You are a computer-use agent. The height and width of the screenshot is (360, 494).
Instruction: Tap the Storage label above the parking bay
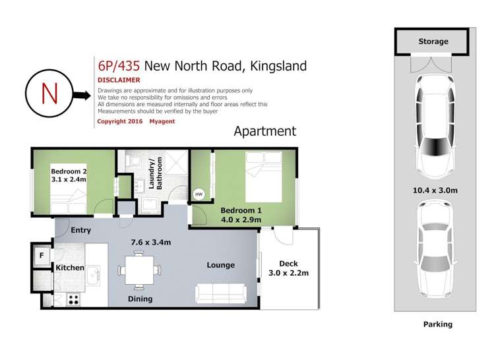(433, 42)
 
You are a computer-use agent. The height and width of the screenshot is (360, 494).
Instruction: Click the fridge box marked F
(41, 255)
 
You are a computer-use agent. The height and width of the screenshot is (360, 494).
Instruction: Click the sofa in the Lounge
(220, 293)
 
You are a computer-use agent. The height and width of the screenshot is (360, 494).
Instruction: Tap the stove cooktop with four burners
(74, 299)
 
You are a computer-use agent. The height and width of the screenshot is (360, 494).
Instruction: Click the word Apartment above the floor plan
(265, 131)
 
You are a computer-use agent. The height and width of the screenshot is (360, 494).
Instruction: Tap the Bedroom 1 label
(241, 210)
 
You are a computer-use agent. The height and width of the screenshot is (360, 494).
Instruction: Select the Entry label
(80, 230)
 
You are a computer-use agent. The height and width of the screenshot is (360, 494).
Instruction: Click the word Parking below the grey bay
(437, 324)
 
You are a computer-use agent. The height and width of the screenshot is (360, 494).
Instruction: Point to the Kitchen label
(69, 268)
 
